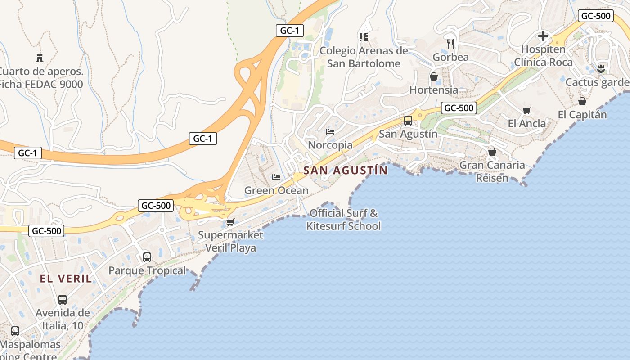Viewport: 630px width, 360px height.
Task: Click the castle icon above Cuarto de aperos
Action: click(x=40, y=58)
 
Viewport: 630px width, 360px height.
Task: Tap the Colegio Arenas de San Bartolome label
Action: click(x=364, y=57)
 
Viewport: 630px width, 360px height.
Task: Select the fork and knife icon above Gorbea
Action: click(x=450, y=44)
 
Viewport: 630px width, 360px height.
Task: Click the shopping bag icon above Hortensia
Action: click(x=434, y=76)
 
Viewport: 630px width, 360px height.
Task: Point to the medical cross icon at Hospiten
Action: click(x=543, y=36)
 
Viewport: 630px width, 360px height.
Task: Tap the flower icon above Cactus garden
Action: click(x=600, y=69)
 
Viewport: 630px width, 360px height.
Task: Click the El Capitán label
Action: click(x=582, y=115)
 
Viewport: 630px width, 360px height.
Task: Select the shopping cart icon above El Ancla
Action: click(x=527, y=110)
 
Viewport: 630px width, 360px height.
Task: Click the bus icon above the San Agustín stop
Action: click(x=408, y=121)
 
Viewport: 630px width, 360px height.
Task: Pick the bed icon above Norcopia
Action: click(x=330, y=132)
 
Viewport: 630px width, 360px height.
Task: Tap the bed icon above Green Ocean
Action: click(x=276, y=177)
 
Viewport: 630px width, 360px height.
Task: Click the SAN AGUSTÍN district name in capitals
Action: click(x=345, y=171)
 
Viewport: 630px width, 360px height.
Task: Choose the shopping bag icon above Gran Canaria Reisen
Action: click(x=492, y=152)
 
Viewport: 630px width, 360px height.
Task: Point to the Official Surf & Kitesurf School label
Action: click(x=343, y=220)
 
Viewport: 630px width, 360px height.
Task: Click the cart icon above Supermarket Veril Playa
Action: click(x=230, y=221)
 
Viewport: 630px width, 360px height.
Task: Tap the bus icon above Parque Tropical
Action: click(x=147, y=257)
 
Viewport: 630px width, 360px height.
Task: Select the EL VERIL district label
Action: click(x=66, y=279)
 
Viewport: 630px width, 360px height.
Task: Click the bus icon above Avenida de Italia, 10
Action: click(x=63, y=300)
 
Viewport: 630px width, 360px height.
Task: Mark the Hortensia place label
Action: click(x=433, y=90)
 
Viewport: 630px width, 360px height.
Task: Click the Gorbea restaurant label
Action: click(x=450, y=58)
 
